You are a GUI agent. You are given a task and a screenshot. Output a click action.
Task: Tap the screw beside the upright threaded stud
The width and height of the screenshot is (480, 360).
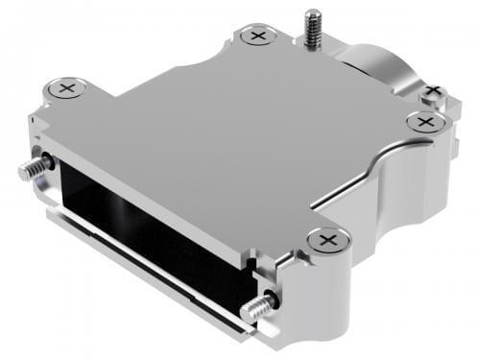coord(255,36)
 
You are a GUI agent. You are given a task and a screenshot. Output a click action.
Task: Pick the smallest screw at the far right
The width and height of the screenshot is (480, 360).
coord(433,91)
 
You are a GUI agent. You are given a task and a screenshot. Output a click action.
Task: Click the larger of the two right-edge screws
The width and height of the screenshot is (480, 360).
coord(420,122)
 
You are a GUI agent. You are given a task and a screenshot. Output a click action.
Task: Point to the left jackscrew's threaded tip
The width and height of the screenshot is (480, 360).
coord(29,170)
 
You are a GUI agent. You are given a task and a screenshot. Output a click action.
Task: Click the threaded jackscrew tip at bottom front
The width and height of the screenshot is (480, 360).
coord(254,309)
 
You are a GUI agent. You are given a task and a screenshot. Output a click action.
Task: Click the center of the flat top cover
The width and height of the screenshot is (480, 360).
coord(221,134)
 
